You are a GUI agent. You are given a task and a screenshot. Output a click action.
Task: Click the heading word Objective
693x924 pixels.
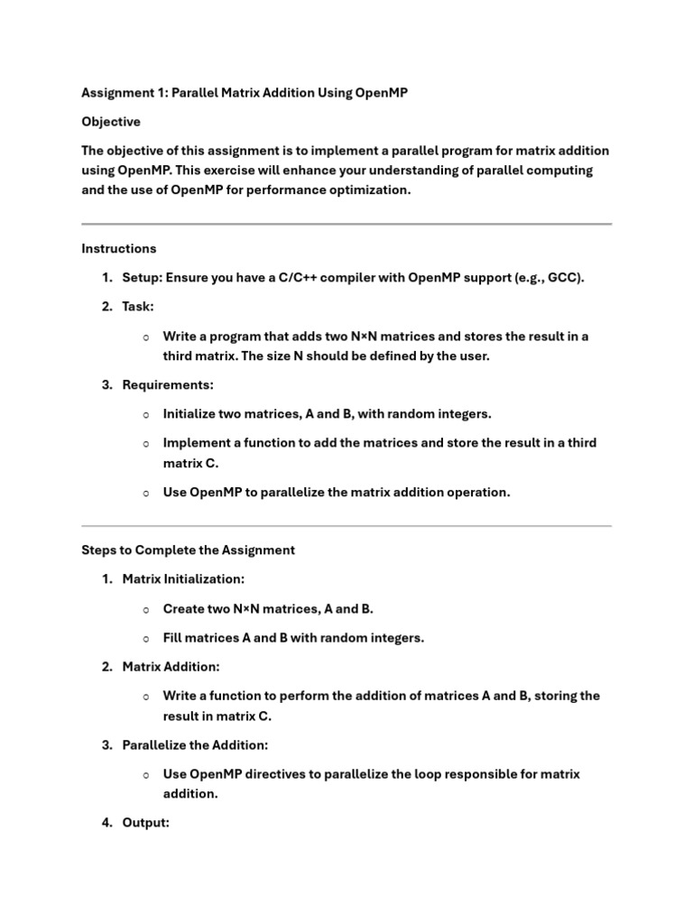(x=111, y=122)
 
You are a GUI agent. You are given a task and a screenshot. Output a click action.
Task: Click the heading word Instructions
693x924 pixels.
(x=119, y=248)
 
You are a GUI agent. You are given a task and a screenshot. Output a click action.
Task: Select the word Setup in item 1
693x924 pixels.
(x=142, y=277)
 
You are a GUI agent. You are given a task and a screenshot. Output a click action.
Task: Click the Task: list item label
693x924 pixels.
(x=138, y=307)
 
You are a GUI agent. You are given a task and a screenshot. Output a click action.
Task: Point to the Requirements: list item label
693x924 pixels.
(x=168, y=384)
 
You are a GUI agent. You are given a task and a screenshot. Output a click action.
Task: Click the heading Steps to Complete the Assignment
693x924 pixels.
(x=188, y=550)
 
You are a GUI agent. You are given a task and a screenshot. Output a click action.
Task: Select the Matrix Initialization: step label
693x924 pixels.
(x=183, y=579)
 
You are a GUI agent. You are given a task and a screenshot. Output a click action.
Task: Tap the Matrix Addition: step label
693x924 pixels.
(x=171, y=667)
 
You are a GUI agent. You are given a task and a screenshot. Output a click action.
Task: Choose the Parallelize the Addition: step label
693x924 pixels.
(x=195, y=745)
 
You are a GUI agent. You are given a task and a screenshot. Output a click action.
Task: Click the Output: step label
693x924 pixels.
(x=145, y=823)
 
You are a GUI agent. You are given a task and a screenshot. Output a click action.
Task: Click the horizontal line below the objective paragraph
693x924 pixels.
(x=346, y=224)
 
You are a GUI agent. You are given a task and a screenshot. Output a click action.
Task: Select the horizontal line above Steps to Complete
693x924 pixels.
(x=346, y=525)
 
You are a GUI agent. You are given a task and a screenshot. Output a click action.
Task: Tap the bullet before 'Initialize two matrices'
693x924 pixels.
(x=145, y=414)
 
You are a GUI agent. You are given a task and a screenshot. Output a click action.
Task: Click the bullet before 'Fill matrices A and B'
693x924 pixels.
(x=145, y=638)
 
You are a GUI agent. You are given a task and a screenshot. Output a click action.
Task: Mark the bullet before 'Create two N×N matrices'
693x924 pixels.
(x=145, y=609)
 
